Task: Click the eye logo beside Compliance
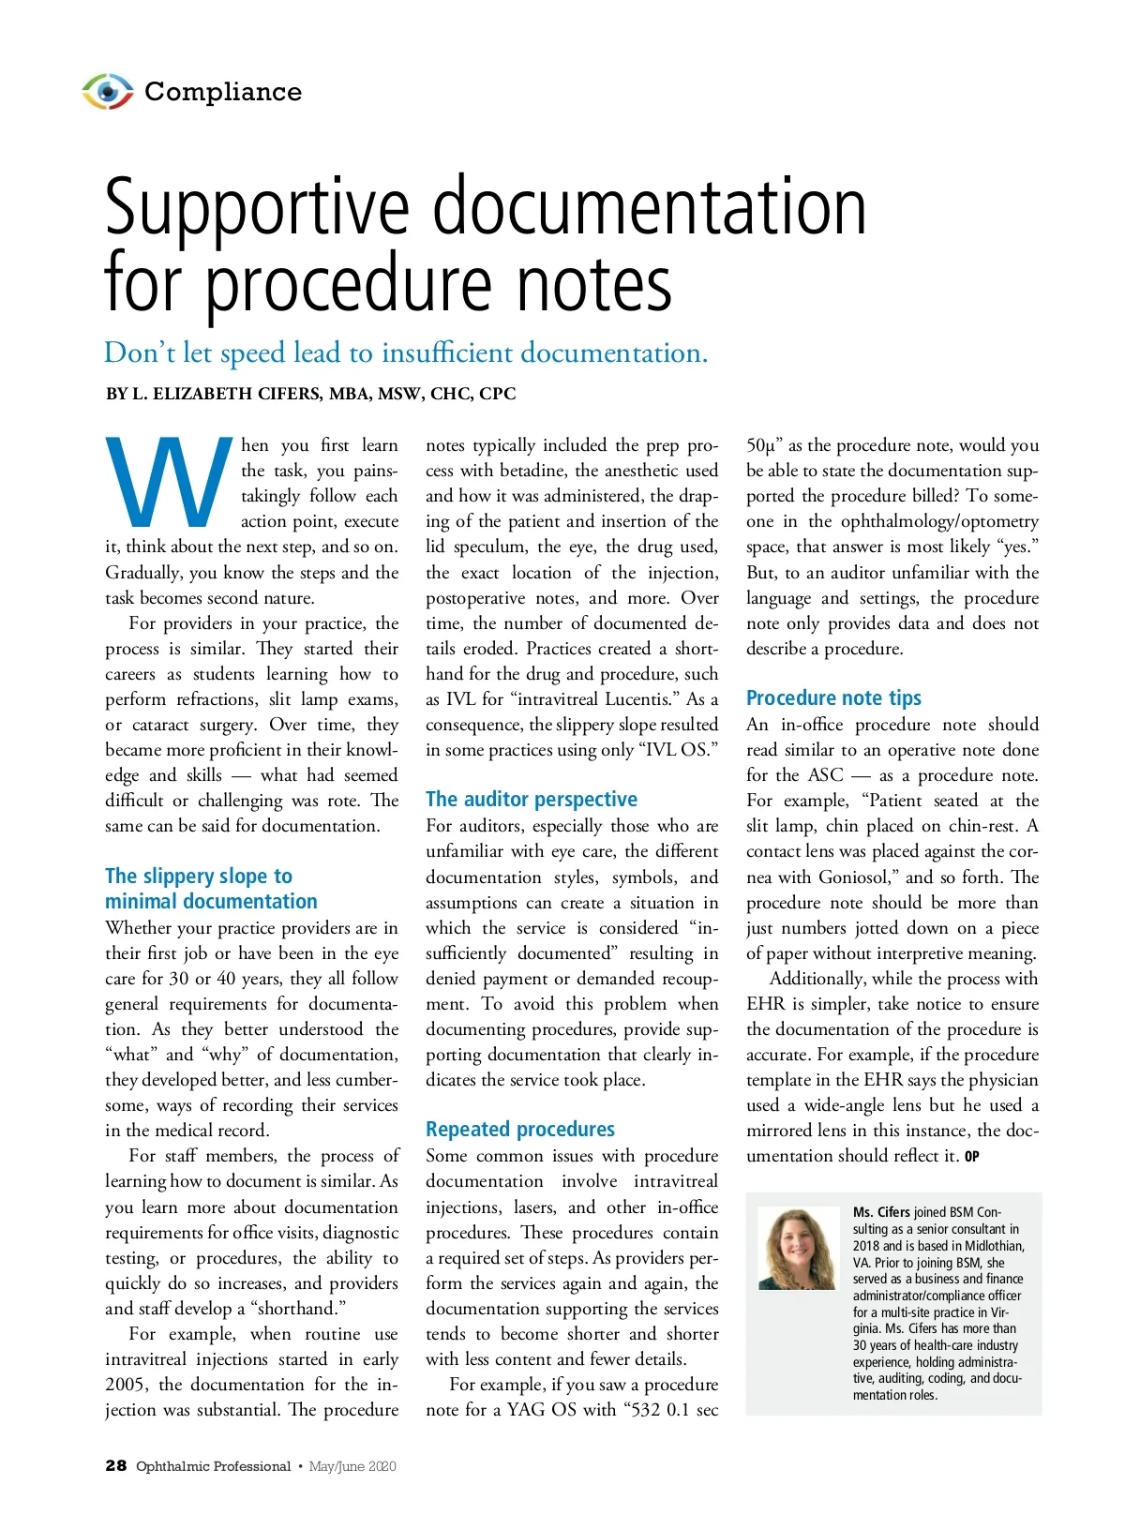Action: [108, 92]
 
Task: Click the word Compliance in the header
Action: [223, 92]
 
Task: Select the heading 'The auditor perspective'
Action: [531, 799]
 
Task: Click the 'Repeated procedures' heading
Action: [519, 1129]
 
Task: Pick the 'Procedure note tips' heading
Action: [833, 697]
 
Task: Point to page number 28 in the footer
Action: [115, 1466]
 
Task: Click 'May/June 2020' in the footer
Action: [352, 1466]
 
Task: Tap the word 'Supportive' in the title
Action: [257, 208]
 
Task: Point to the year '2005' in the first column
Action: [127, 1385]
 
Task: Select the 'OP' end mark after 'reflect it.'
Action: [972, 1157]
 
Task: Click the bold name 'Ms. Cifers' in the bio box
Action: [881, 1212]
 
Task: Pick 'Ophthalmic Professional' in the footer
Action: [214, 1466]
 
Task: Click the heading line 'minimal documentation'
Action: [211, 902]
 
